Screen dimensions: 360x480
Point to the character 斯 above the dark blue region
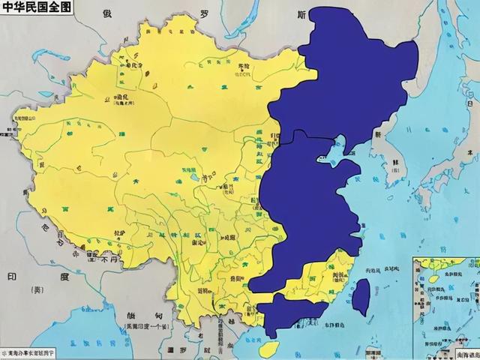[x=301, y=15]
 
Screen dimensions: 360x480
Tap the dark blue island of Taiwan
[x=360, y=295]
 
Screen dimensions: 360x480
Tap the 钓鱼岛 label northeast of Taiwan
[x=391, y=268]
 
